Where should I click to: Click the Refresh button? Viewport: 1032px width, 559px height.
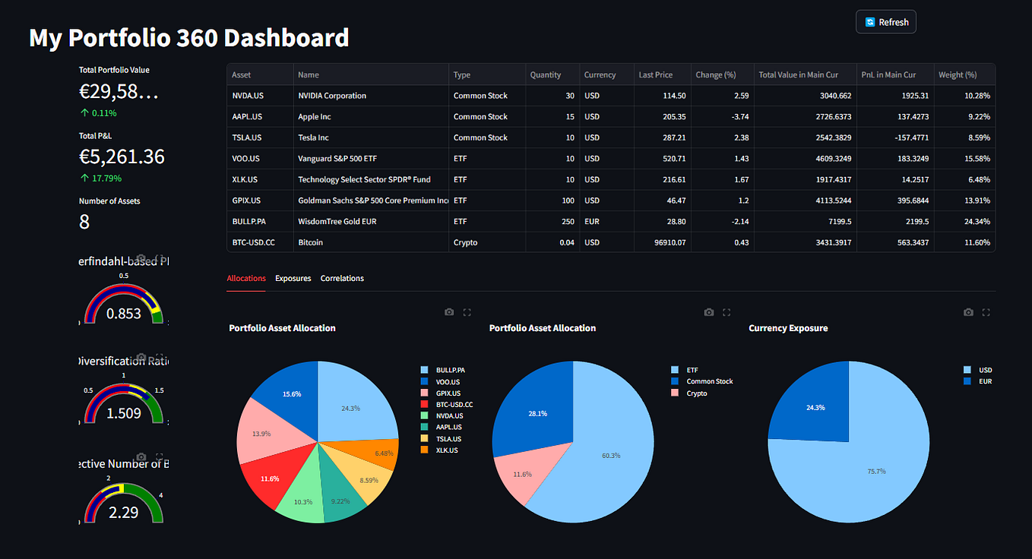(x=886, y=22)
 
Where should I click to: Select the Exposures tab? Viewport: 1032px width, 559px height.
(x=293, y=279)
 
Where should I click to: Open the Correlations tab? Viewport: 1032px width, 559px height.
(x=342, y=279)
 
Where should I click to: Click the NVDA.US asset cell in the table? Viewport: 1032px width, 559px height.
(x=247, y=96)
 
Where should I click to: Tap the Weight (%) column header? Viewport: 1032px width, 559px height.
(x=958, y=74)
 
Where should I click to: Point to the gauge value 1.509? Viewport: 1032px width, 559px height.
(x=123, y=414)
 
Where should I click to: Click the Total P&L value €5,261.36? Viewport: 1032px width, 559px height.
(x=122, y=156)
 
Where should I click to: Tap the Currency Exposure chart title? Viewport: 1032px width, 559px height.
(x=788, y=328)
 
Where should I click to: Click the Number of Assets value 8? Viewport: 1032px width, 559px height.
(x=84, y=222)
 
